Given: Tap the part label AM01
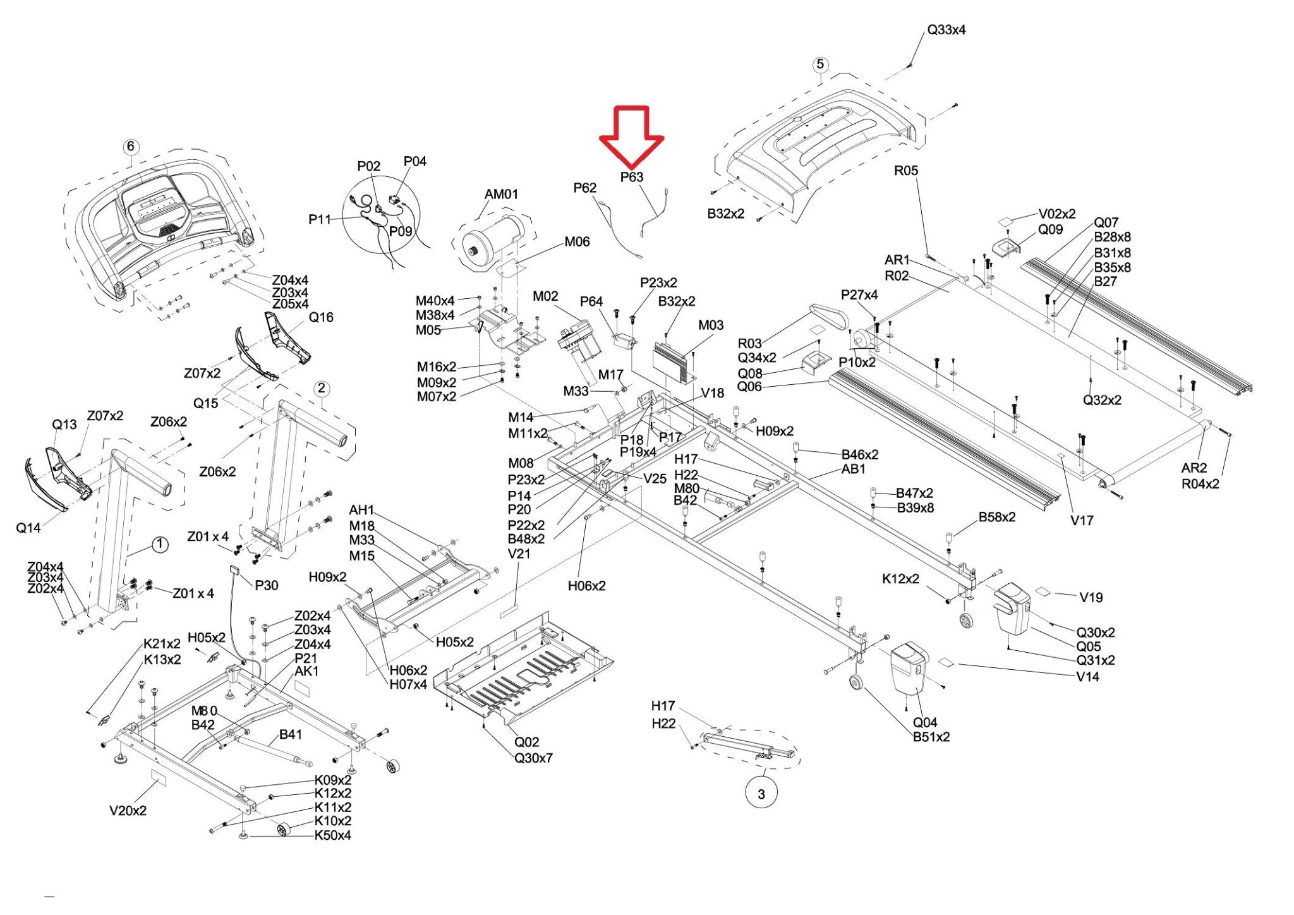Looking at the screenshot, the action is [501, 194].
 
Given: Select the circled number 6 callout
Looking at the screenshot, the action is [131, 147].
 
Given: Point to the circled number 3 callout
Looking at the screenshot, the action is [761, 793].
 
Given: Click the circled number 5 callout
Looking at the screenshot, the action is [820, 64].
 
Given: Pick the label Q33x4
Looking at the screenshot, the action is [946, 30].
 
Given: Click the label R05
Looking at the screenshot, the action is [905, 171].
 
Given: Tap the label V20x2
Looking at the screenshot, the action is [128, 811].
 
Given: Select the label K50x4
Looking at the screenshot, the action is [333, 835].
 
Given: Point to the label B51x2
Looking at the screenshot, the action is [931, 737].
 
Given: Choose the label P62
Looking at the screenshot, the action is [585, 188].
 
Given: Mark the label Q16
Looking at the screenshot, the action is [321, 317].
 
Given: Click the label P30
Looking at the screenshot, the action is [267, 586].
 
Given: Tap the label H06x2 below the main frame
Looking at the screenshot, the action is [586, 586].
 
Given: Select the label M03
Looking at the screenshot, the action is [711, 325].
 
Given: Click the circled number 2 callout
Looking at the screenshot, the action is [322, 389].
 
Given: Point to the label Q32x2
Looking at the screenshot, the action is [1102, 400].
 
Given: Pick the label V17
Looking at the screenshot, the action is [1082, 521].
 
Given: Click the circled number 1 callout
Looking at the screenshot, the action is [160, 545].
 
